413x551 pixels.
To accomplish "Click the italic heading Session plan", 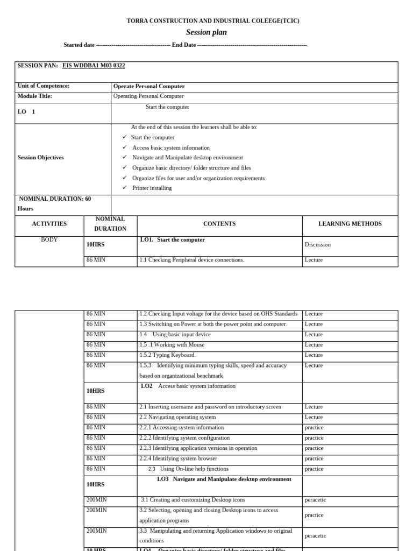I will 206,32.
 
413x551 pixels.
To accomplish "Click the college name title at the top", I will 213,21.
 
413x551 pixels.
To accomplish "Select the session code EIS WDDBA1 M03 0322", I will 94,66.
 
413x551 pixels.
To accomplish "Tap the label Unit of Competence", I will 44,86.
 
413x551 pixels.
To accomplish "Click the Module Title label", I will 35,96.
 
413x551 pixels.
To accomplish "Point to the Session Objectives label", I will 41,158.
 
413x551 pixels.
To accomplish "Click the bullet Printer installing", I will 152,188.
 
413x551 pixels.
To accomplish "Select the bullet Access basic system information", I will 171,147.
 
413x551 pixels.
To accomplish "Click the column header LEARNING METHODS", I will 350,224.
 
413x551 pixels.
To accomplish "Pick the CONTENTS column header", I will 219,224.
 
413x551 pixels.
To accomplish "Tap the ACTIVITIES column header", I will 49,224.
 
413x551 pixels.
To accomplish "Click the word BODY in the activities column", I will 49,240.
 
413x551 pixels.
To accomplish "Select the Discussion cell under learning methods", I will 318,245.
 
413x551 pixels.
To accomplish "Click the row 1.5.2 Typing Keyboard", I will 168,355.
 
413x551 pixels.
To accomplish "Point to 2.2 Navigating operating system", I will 177,417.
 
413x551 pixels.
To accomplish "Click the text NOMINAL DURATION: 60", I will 55,199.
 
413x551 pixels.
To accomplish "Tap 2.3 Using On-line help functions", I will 188,469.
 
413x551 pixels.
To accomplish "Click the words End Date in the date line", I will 184,45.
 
